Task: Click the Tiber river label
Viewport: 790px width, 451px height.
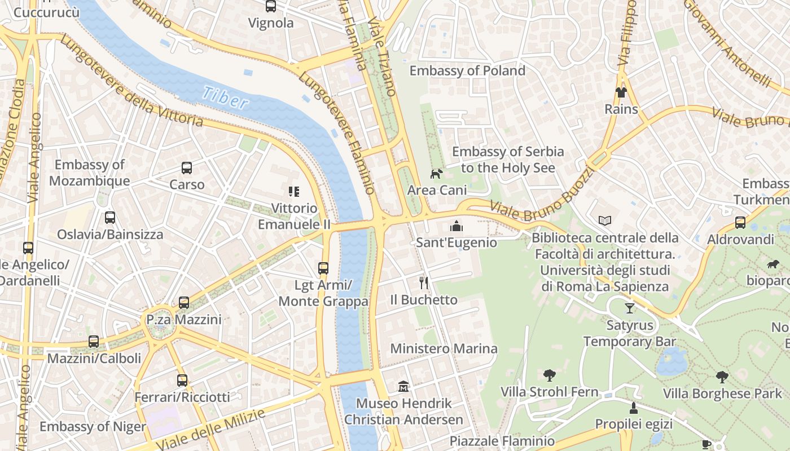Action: (226, 98)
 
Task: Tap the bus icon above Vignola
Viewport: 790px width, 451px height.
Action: (271, 7)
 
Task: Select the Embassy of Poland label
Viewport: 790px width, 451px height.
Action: (467, 70)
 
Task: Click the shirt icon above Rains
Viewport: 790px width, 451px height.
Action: (621, 92)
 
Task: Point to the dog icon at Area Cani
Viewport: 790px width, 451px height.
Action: (436, 174)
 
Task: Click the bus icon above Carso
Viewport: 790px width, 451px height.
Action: (187, 167)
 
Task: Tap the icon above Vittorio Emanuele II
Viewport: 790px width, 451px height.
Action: (293, 192)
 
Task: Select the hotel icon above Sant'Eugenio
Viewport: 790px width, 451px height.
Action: (456, 227)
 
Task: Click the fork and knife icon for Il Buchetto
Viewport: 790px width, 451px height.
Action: (424, 283)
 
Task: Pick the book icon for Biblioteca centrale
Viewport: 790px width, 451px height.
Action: (604, 220)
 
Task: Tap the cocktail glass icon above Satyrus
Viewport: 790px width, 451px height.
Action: (630, 308)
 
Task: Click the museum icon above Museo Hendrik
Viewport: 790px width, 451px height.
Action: (403, 387)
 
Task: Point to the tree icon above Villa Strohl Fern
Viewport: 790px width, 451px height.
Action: (549, 375)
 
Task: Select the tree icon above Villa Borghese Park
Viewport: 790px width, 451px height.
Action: (722, 377)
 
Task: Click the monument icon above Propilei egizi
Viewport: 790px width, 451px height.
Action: (633, 408)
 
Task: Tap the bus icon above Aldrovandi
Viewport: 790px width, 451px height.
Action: (740, 223)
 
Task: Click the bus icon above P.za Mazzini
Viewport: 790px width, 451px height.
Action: (184, 303)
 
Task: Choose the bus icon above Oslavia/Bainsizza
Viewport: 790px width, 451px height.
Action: (110, 218)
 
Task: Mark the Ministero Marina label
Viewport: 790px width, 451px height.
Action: (444, 348)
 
